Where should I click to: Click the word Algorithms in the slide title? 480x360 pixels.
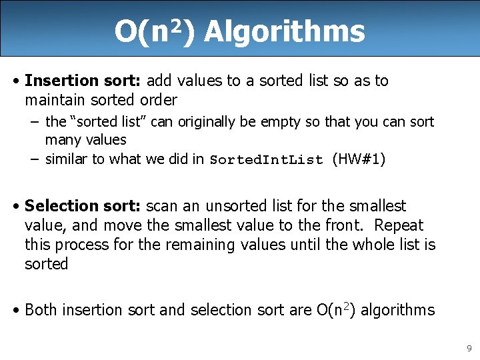[x=285, y=31]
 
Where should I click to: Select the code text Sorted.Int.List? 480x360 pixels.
[x=267, y=160]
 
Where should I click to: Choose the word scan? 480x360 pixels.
[x=159, y=206]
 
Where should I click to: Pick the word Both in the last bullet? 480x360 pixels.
[x=41, y=310]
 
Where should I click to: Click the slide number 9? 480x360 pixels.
[x=469, y=347]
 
